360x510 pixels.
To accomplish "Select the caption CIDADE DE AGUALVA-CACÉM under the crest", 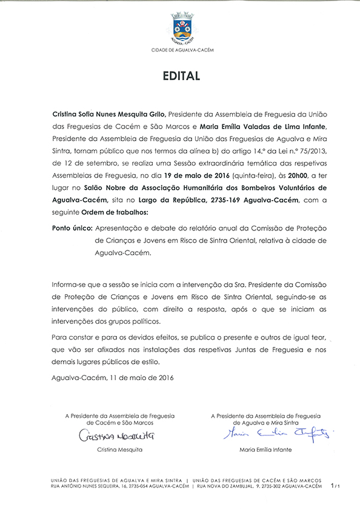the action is click(182, 50).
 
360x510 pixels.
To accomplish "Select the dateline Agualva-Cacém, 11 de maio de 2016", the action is click(113, 378).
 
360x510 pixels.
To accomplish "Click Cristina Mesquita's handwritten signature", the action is click(115, 436).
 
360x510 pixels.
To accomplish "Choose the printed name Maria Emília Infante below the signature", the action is click(265, 450).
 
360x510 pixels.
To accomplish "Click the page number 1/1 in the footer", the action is click(335, 486).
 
